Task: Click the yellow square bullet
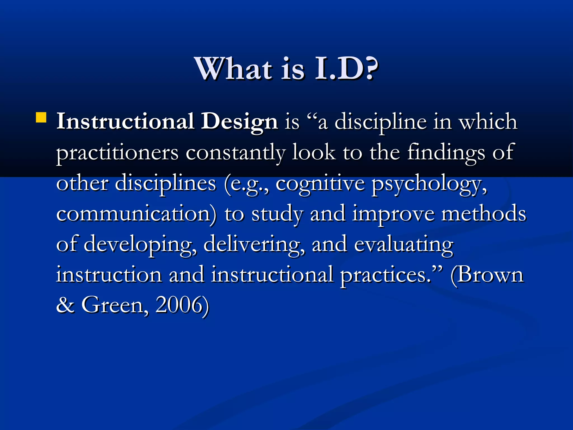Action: pos(41,118)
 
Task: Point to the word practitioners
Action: pos(117,153)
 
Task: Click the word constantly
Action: pos(235,153)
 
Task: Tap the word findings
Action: pos(446,153)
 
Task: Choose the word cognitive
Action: pos(320,184)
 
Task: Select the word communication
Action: pos(136,214)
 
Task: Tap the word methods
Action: pos(484,214)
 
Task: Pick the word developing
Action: pos(140,245)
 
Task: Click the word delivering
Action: pos(254,245)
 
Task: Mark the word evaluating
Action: pos(403,245)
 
